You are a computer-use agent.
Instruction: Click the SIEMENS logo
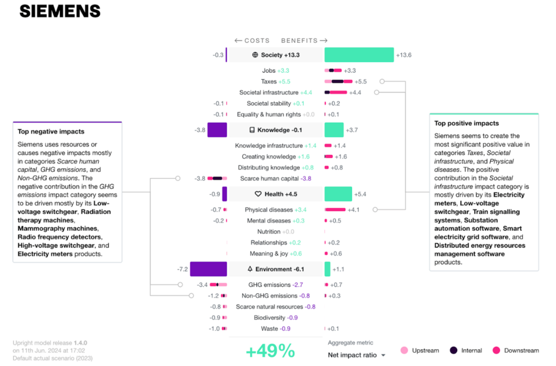pos(60,11)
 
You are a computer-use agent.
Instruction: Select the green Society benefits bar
pos(359,55)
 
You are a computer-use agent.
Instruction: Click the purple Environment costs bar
pos(208,269)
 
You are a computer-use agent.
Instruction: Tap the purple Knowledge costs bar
pos(217,130)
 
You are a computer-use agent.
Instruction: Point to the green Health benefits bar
pos(338,194)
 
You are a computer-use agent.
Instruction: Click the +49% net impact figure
pos(270,351)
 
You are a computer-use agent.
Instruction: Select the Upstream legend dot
pos(404,350)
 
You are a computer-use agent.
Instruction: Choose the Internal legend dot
pos(453,350)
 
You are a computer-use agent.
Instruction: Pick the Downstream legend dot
pos(496,350)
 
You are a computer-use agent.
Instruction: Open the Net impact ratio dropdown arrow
pos(383,355)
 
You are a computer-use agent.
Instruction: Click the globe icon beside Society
pos(255,55)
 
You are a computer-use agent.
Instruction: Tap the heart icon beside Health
pos(258,194)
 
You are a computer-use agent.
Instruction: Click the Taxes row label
pos(269,81)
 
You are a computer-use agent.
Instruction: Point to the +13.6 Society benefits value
pos(403,55)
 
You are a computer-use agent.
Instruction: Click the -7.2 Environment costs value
pos(182,269)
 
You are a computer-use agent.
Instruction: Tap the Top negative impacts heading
pos(51,131)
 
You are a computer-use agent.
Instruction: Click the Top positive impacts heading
pos(466,123)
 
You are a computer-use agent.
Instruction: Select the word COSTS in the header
pos(257,41)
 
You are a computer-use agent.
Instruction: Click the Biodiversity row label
pos(269,318)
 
